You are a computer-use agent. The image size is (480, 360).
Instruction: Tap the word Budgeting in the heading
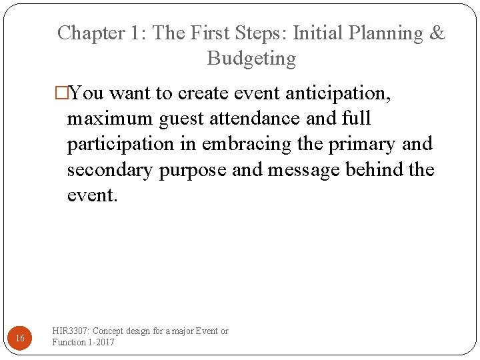251,59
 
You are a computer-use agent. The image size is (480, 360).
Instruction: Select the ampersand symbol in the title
437,33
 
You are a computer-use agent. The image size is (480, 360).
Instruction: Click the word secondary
111,169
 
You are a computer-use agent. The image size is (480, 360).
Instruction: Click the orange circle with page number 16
20,338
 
